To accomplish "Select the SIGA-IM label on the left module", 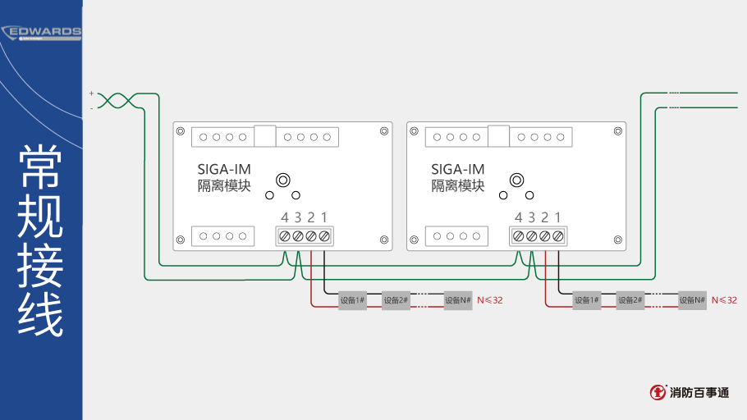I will pos(224,170).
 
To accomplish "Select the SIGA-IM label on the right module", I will pos(458,170).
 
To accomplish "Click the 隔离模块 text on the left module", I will pos(224,186).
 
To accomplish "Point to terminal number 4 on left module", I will pos(285,217).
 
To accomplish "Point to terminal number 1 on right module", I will pos(558,217).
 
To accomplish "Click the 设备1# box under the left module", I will pos(352,300).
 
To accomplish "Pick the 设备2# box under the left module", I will pos(396,300).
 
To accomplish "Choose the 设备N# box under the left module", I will pos(458,300).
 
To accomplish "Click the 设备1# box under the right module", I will pos(586,300).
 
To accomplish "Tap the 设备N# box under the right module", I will pos(692,300).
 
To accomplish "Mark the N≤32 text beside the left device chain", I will pos(490,300).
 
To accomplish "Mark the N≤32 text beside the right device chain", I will pos(724,300).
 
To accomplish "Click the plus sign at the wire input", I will pos(91,94).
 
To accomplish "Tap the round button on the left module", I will pos(283,180).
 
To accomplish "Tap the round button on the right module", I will pos(517,180).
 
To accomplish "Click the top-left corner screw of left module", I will pos(178,130).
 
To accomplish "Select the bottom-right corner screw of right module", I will pos(618,240).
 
